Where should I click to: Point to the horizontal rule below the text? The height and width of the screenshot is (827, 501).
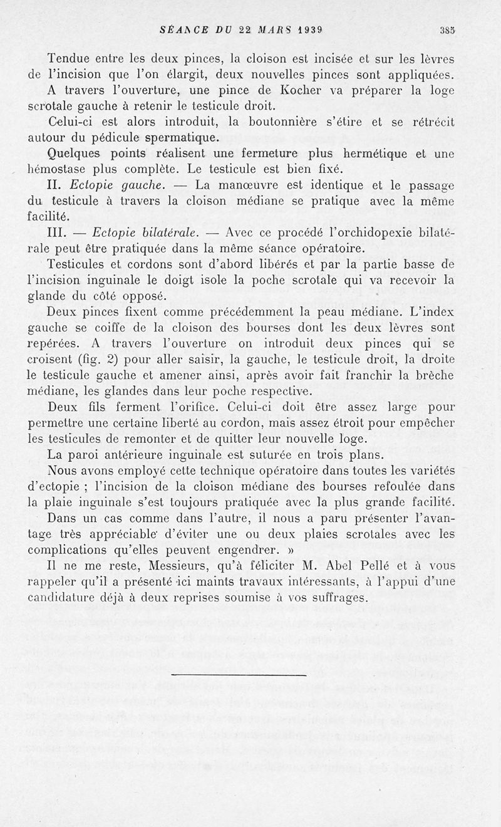click(238, 675)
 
